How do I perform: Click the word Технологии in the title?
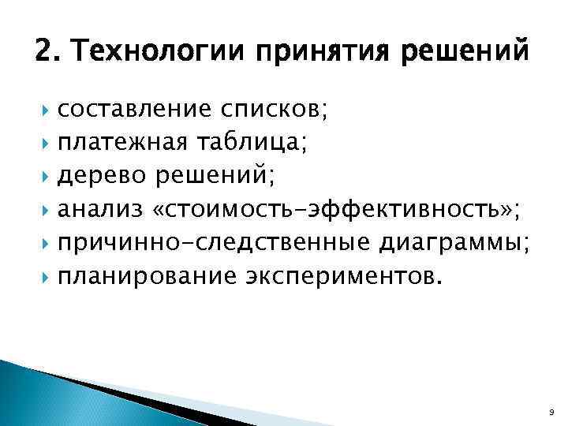pyautogui.click(x=163, y=54)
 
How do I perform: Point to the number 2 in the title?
pyautogui.click(x=44, y=54)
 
